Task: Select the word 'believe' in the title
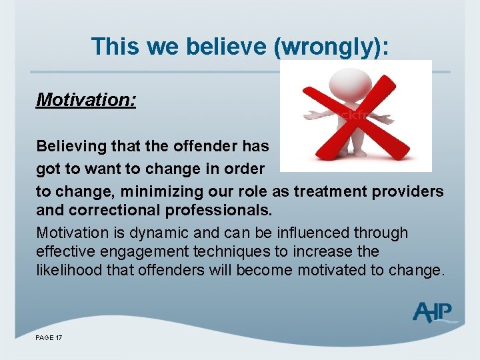tap(218, 47)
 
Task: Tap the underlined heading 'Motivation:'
tap(86, 100)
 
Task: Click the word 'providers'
tap(407, 191)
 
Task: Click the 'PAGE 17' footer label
tap(49, 338)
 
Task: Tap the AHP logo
tap(433, 312)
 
